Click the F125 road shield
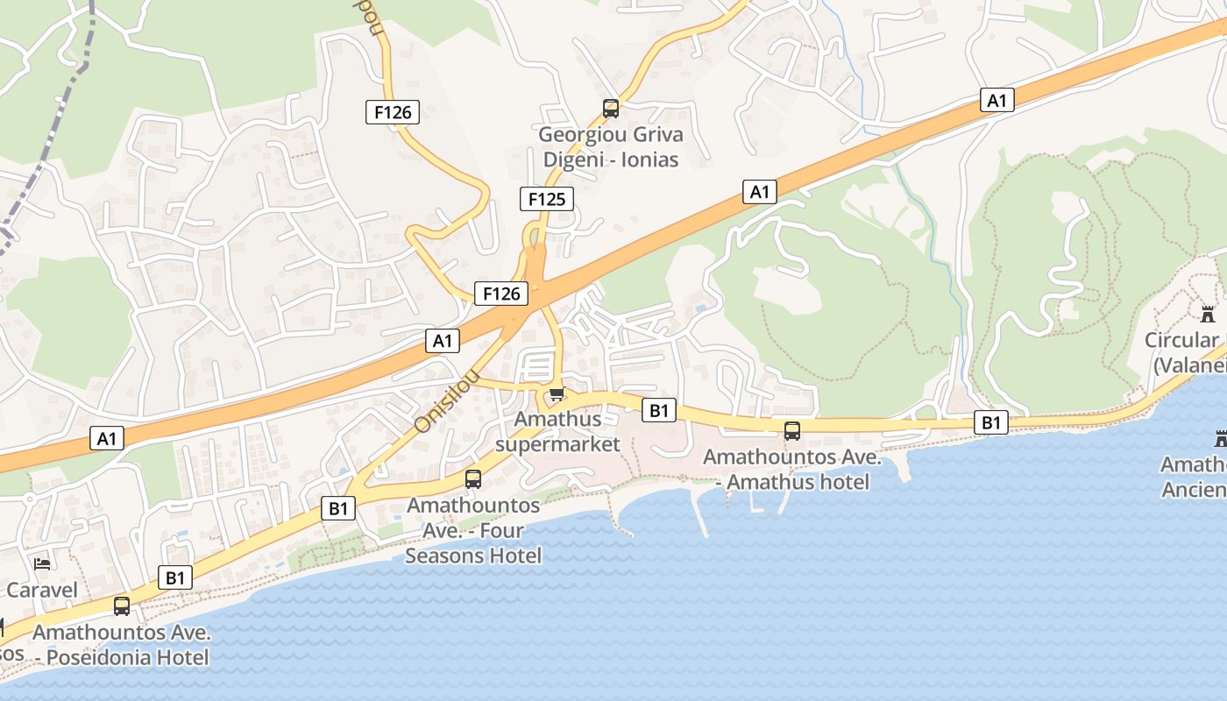click(547, 199)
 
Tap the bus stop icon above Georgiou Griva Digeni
click(611, 109)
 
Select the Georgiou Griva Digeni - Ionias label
click(611, 147)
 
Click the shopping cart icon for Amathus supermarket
click(557, 394)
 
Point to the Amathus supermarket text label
click(557, 431)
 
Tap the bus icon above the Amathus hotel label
click(792, 430)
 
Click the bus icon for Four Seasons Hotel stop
click(473, 478)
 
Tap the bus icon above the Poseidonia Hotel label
click(122, 605)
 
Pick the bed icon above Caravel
click(42, 563)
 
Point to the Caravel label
click(42, 590)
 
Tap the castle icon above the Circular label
click(1209, 314)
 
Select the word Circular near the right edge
click(1181, 340)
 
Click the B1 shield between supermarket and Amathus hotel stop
click(659, 409)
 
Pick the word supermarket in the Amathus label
click(557, 443)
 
